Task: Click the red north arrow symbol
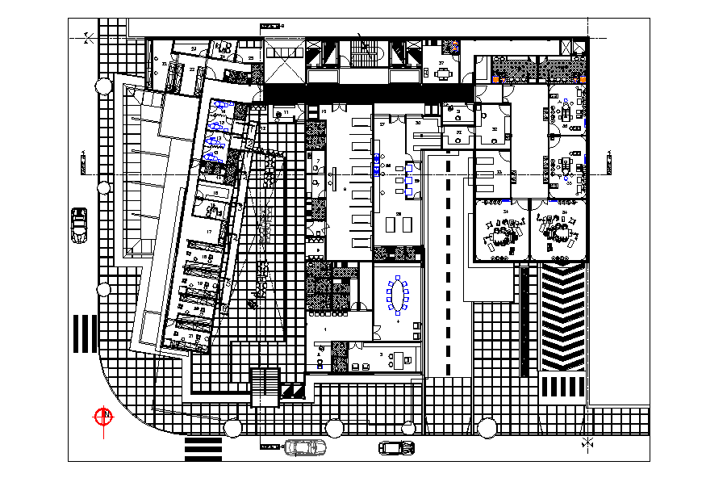[103, 417]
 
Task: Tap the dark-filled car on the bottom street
[397, 447]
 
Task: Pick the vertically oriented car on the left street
[79, 224]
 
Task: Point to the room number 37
[441, 63]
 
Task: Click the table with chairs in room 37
[443, 73]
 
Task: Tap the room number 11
[285, 112]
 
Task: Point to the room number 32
[495, 129]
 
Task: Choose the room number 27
[382, 124]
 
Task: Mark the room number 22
[193, 70]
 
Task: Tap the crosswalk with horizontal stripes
[203, 447]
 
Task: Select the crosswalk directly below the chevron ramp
[562, 385]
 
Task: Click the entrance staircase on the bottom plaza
[265, 387]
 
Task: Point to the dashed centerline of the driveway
[449, 266]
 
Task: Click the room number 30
[417, 122]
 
